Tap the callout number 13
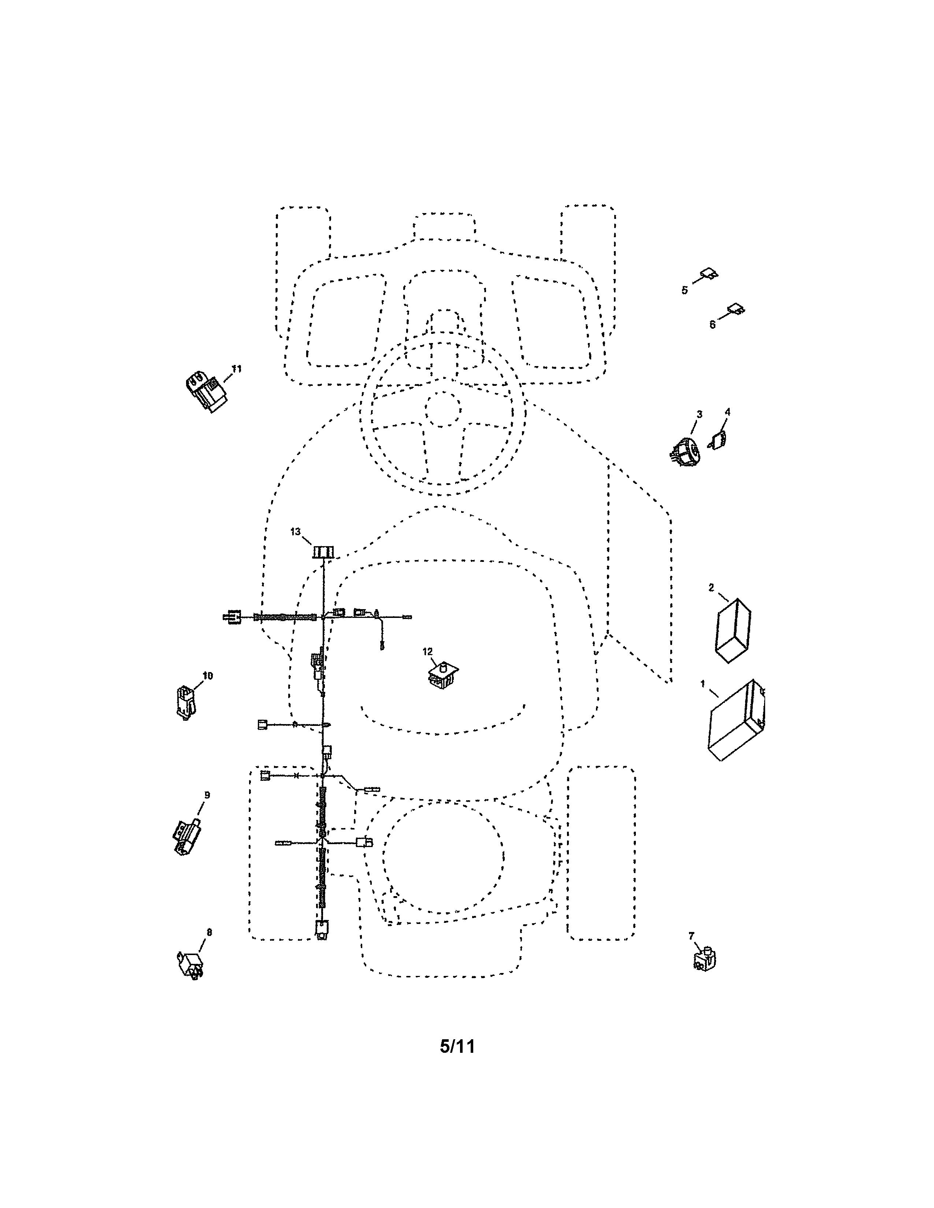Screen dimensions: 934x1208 296,532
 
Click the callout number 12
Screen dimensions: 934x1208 428,652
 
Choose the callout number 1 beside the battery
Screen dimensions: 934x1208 703,684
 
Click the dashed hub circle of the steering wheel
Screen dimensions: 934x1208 443,409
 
